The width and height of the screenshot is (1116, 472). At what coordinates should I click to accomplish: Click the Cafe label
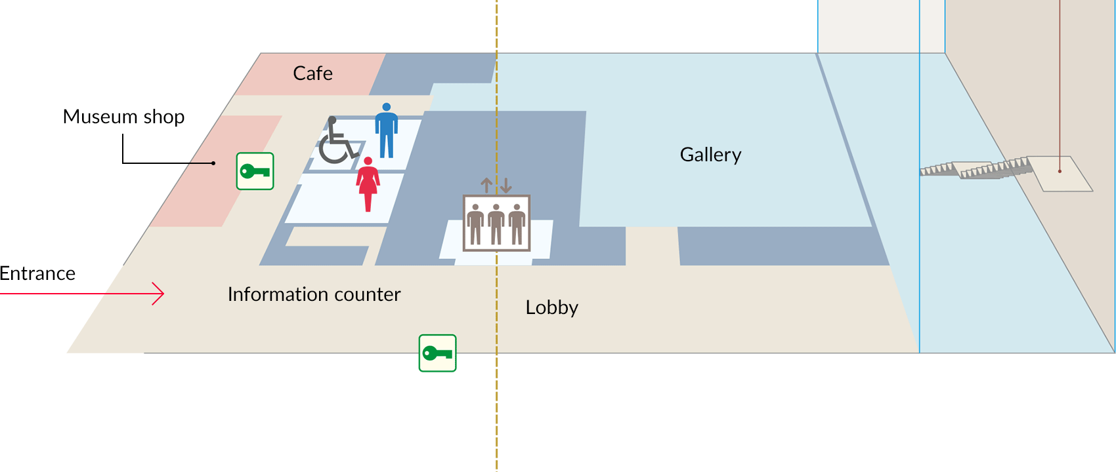(312, 73)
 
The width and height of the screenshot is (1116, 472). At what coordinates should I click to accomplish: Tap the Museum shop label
(123, 117)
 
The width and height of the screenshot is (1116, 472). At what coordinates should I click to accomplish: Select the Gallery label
(710, 155)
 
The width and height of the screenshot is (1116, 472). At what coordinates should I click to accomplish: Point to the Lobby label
(551, 307)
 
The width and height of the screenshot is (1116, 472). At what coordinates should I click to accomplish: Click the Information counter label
(314, 294)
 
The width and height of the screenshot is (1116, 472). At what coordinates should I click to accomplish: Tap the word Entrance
(37, 273)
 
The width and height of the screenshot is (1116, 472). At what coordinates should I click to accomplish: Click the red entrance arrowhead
(159, 294)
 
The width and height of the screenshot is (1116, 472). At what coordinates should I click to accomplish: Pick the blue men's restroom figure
(387, 130)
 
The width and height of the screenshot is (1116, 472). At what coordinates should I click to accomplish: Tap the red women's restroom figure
(368, 184)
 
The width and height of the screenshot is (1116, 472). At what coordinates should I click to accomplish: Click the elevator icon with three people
(496, 223)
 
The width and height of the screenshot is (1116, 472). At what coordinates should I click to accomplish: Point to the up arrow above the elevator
(486, 186)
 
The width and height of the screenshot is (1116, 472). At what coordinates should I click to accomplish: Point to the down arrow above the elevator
(505, 186)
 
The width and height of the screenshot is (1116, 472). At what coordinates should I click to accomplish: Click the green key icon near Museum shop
(255, 171)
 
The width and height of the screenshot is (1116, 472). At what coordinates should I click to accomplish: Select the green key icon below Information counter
(437, 353)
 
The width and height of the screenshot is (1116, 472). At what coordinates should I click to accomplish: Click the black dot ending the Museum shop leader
(213, 163)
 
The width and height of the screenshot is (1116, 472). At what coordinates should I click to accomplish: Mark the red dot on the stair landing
(1060, 172)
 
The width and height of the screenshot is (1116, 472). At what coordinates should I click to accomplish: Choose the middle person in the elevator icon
(496, 224)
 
